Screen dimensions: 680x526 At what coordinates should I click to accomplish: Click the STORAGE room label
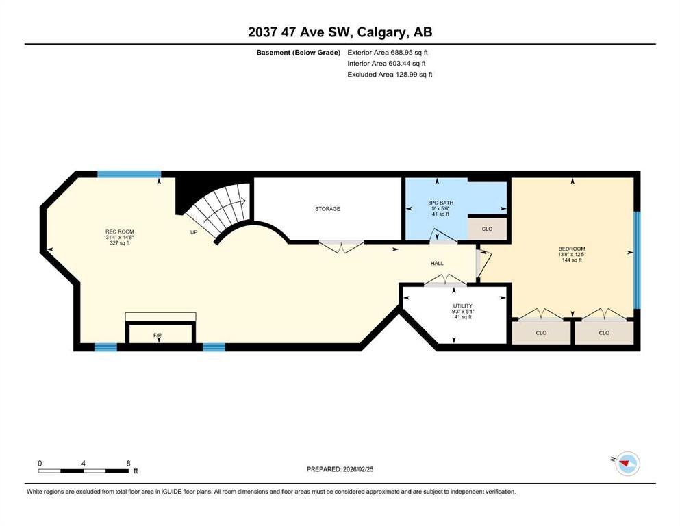tap(327, 209)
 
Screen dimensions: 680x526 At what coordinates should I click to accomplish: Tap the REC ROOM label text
tap(120, 231)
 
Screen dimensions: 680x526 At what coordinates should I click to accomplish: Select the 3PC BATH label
tap(440, 203)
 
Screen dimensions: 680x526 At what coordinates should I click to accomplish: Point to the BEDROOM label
tap(572, 249)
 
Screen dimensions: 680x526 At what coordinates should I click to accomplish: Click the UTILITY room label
tap(463, 305)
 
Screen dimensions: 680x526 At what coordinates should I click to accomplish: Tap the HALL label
tap(437, 263)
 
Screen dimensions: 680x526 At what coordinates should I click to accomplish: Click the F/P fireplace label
tap(158, 335)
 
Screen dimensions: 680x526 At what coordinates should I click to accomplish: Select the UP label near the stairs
tap(194, 232)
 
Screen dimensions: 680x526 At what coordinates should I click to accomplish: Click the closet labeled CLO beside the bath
tap(487, 229)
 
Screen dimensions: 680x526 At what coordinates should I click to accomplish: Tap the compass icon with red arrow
tap(628, 463)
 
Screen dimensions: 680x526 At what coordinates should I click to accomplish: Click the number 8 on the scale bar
tap(128, 463)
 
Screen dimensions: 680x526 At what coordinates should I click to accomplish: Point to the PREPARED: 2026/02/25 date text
tap(340, 469)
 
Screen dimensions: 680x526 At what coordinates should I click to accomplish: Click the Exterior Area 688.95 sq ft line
tap(388, 53)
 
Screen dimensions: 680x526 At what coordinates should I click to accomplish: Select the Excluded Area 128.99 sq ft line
tap(390, 74)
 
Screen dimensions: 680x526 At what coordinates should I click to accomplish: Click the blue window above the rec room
tap(129, 175)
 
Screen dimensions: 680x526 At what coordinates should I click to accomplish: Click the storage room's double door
tap(341, 246)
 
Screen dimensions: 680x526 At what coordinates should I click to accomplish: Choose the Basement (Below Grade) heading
tap(299, 53)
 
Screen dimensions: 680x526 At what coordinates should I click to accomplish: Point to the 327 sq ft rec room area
tap(120, 243)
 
